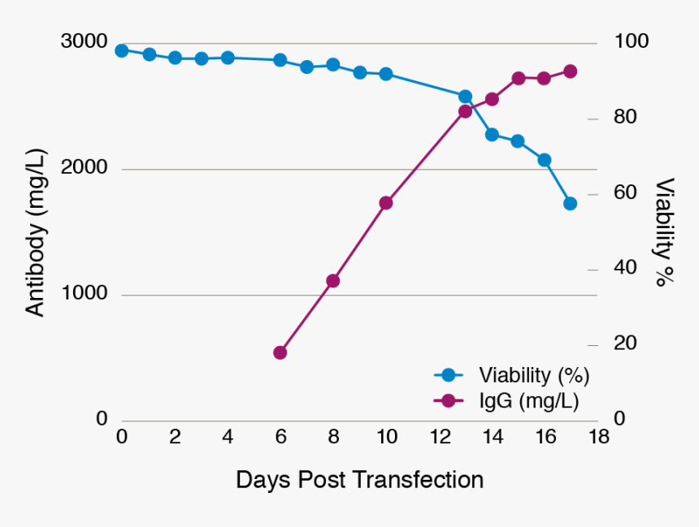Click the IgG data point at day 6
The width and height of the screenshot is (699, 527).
pyautogui.click(x=280, y=352)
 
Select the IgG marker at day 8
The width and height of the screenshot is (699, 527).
pyautogui.click(x=332, y=281)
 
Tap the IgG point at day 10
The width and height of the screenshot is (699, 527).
pyautogui.click(x=386, y=203)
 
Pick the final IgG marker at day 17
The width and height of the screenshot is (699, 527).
pyautogui.click(x=571, y=71)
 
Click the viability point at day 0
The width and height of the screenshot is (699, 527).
pyautogui.click(x=122, y=50)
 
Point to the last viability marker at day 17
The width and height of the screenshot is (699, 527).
pyautogui.click(x=571, y=203)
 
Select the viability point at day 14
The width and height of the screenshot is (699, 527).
pyautogui.click(x=492, y=135)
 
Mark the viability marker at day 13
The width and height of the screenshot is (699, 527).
pyautogui.click(x=465, y=97)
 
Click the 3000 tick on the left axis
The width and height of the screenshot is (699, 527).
pyautogui.click(x=84, y=41)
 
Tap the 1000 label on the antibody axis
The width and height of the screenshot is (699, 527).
pyautogui.click(x=84, y=293)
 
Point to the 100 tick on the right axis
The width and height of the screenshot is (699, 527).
pyautogui.click(x=630, y=41)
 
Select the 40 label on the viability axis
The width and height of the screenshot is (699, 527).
pyautogui.click(x=624, y=269)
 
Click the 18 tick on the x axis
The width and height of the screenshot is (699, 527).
pyautogui.click(x=599, y=437)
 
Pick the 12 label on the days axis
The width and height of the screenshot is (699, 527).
pyautogui.click(x=439, y=437)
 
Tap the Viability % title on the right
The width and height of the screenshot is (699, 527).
pyautogui.click(x=665, y=233)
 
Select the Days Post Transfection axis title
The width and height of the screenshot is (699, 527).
pyautogui.click(x=360, y=480)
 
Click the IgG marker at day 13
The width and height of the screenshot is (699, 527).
pyautogui.click(x=465, y=111)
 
